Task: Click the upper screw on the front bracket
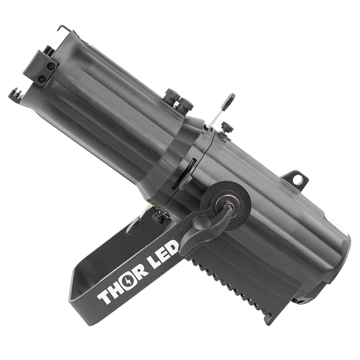[x=50, y=66]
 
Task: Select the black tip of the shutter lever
[x=230, y=100]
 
